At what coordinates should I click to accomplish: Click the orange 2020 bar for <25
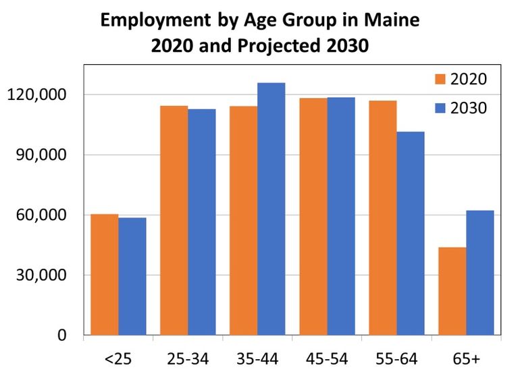105,275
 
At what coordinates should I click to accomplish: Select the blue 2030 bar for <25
132,276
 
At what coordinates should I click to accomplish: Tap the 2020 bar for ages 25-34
174,220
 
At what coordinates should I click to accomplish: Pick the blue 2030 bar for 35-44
271,209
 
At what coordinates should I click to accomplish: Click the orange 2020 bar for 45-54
313,217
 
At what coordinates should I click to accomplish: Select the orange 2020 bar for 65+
452,291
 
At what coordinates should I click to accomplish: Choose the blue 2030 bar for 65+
480,273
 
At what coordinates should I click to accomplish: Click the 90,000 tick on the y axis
41,155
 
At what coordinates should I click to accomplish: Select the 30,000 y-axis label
41,275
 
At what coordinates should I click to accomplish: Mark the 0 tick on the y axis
62,335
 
